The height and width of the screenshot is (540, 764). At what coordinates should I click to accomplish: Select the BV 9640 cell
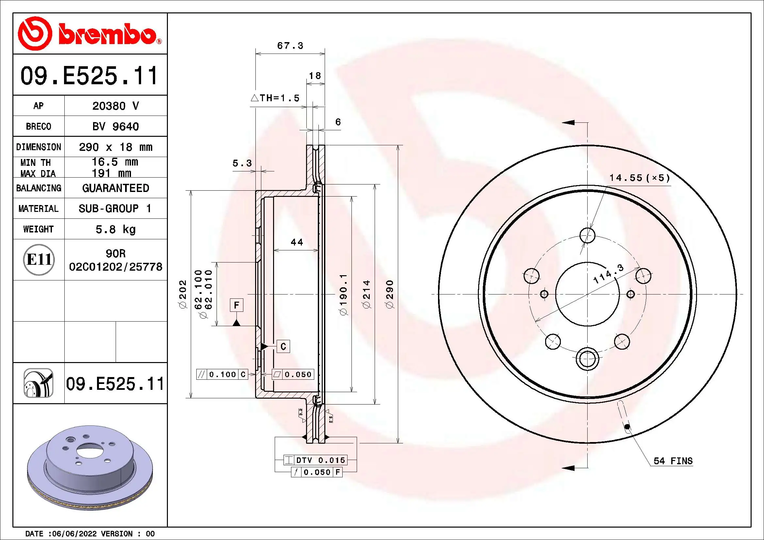[x=115, y=126]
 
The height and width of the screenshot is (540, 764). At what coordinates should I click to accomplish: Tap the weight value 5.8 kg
[x=115, y=229]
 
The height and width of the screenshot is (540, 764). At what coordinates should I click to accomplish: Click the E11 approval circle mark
[x=39, y=260]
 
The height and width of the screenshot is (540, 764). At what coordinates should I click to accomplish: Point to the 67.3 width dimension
[x=290, y=46]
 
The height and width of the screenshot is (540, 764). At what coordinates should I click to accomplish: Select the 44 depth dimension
[x=297, y=242]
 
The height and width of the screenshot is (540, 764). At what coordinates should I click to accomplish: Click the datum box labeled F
[x=236, y=305]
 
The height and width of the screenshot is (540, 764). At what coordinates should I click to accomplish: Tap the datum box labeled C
[x=283, y=346]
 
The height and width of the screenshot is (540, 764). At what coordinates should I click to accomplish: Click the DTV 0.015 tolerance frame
[x=315, y=460]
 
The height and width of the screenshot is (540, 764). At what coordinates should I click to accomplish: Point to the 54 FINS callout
[x=673, y=461]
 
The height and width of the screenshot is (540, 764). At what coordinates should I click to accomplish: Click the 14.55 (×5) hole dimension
[x=639, y=178]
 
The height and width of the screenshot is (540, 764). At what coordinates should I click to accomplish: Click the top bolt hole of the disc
[x=587, y=235]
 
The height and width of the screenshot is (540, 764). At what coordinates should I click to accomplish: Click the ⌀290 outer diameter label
[x=390, y=294]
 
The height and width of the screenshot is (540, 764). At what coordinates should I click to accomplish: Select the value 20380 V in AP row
[x=115, y=106]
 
